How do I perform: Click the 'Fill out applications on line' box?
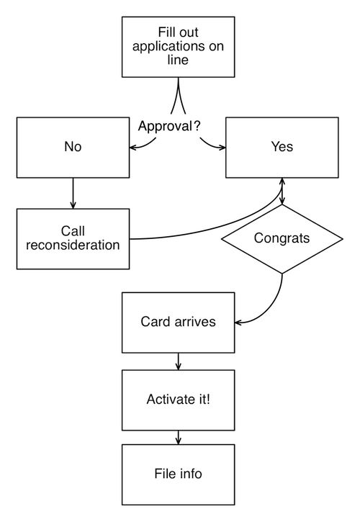click(178, 47)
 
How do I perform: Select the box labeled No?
click(73, 147)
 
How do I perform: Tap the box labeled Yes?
click(282, 147)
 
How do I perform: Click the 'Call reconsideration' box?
click(73, 239)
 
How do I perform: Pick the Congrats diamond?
click(282, 239)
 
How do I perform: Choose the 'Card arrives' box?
click(178, 323)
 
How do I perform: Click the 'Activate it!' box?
click(178, 400)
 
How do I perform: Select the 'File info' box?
click(178, 474)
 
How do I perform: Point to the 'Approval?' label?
click(169, 126)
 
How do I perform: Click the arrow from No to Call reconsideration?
click(73, 193)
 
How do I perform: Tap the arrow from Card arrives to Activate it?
click(178, 361)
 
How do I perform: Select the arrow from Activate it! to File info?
click(178, 438)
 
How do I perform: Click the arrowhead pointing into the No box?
click(132, 147)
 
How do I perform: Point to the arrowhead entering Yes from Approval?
click(222, 147)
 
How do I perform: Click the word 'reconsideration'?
click(73, 245)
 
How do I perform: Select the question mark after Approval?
click(197, 126)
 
